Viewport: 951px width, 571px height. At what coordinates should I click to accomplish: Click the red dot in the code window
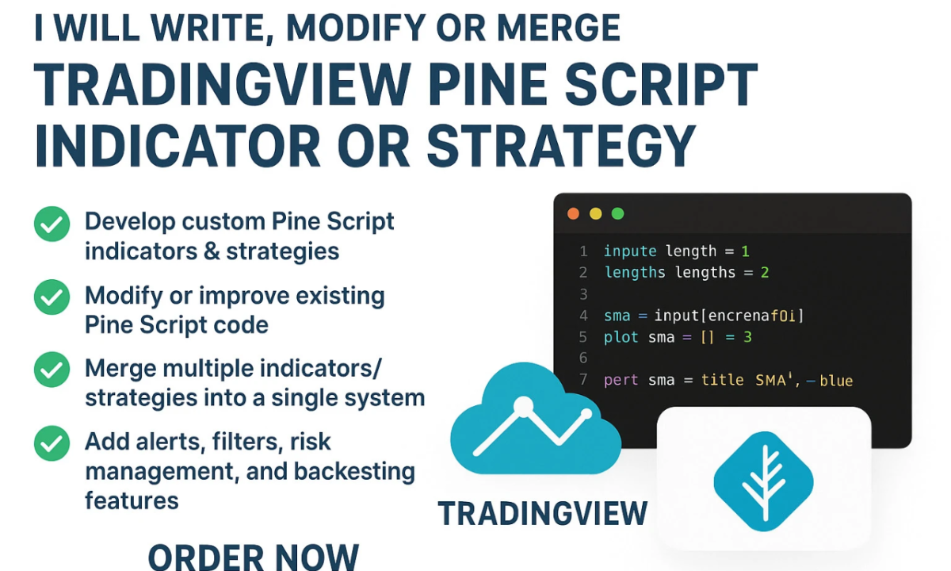pyautogui.click(x=573, y=213)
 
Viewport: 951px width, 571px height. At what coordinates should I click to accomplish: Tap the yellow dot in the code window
pyautogui.click(x=596, y=213)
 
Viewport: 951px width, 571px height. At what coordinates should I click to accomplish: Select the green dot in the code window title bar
pyautogui.click(x=617, y=213)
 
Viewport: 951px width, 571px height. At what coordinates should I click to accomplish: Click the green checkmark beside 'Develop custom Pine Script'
pyautogui.click(x=52, y=224)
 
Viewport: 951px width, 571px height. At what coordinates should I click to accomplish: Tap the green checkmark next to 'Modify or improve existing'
pyautogui.click(x=52, y=297)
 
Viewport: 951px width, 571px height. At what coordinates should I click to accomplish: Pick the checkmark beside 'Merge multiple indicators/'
pyautogui.click(x=52, y=370)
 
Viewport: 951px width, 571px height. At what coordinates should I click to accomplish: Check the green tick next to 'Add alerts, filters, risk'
pyautogui.click(x=52, y=443)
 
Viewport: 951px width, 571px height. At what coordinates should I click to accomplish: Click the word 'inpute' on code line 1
pyautogui.click(x=630, y=251)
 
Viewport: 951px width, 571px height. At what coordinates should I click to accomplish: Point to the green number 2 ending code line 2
pyautogui.click(x=765, y=272)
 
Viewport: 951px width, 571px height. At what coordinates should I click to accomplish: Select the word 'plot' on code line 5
pyautogui.click(x=621, y=337)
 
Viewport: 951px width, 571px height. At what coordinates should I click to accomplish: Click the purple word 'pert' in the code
pyautogui.click(x=621, y=380)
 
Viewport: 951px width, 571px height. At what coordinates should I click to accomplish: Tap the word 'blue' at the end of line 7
pyautogui.click(x=836, y=380)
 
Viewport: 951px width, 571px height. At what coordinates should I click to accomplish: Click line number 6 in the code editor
pyautogui.click(x=583, y=358)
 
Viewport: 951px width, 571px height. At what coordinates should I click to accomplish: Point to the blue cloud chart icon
pyautogui.click(x=536, y=419)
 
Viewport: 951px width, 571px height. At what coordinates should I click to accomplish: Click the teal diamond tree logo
pyautogui.click(x=764, y=481)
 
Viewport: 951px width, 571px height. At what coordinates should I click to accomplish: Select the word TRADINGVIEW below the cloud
pyautogui.click(x=543, y=513)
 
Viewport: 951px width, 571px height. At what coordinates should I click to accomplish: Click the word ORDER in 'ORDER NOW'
pyautogui.click(x=206, y=558)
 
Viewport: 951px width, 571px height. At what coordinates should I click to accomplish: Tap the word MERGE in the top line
pyautogui.click(x=559, y=28)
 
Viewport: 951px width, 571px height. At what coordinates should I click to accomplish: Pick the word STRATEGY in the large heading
pyautogui.click(x=561, y=146)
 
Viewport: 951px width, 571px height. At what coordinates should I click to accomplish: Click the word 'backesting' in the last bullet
pyautogui.click(x=354, y=472)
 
